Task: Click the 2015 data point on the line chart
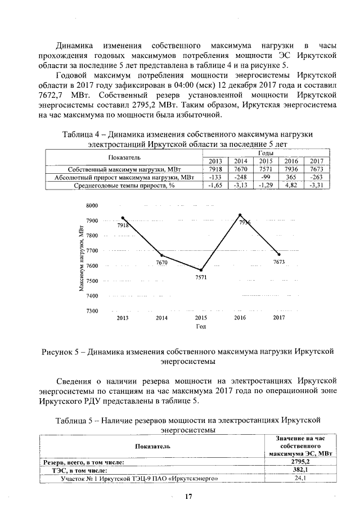(x=201, y=270)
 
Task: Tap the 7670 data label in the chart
(x=162, y=262)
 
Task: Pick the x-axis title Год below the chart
(x=201, y=326)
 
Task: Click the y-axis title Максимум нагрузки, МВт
(x=82, y=258)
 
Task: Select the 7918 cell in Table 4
(x=216, y=169)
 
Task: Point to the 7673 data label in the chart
(x=280, y=262)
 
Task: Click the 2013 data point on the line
(x=122, y=218)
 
